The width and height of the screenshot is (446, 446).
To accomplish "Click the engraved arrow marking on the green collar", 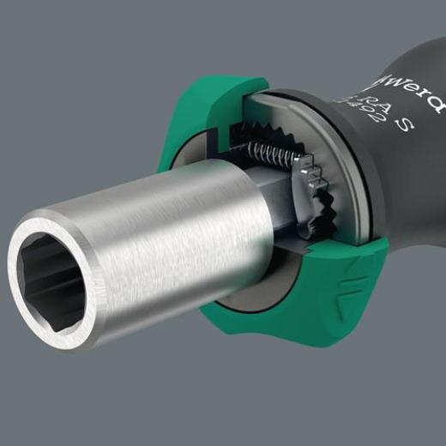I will [346, 275].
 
